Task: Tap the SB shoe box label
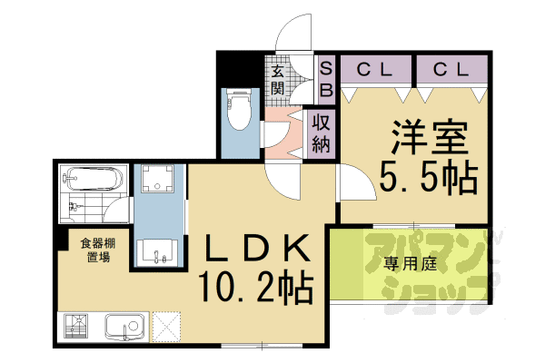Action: coord(327,78)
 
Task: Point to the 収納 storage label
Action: coord(321,132)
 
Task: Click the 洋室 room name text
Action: coord(430,139)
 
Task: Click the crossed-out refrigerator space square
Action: coord(167,326)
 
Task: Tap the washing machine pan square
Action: coord(158,181)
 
